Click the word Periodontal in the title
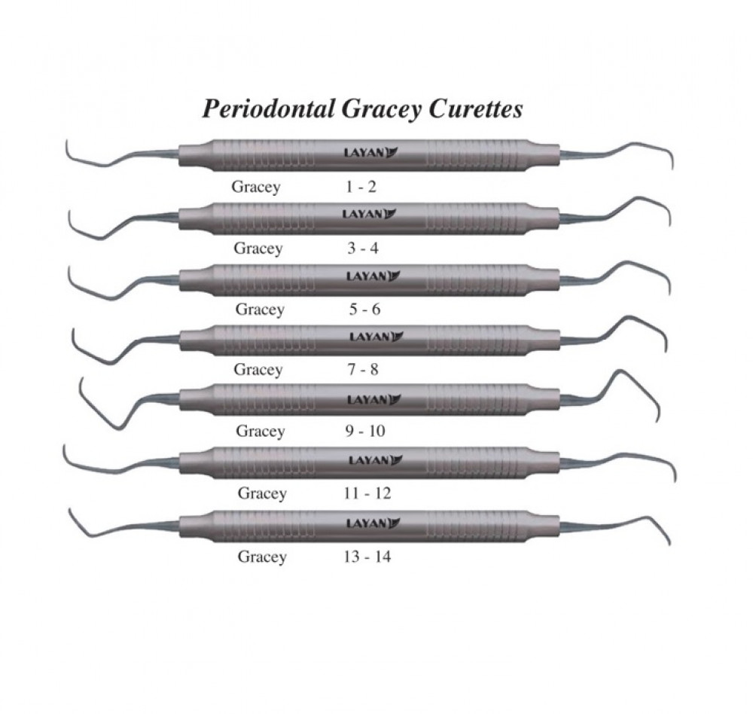pyautogui.click(x=267, y=109)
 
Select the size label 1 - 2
pyautogui.click(x=361, y=187)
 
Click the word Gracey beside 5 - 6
pyautogui.click(x=260, y=309)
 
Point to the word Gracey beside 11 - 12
pyautogui.click(x=262, y=493)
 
